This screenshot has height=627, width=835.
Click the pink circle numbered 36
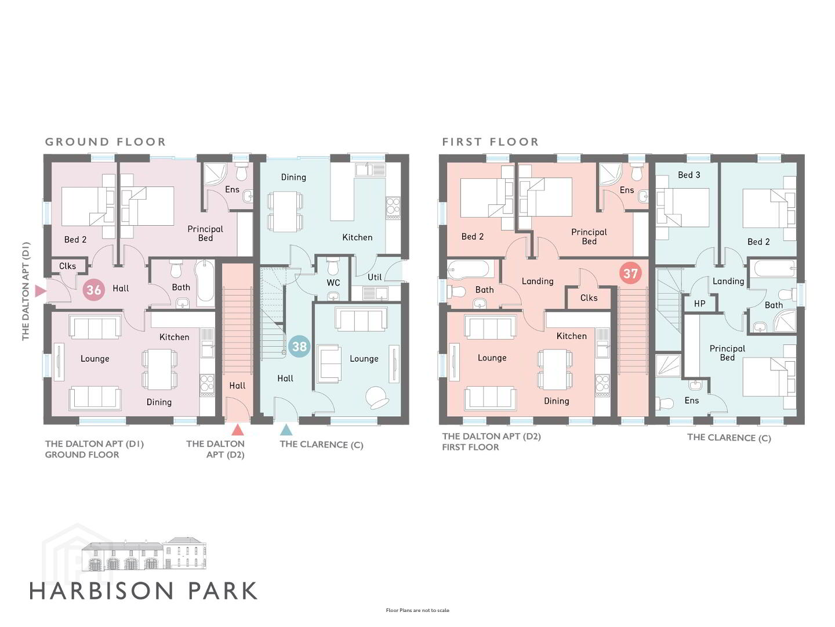93,290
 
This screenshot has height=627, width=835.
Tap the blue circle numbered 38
299,347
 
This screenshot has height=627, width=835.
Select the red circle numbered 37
630,273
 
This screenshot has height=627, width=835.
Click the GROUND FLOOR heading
106,142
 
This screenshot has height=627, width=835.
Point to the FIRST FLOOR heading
491,142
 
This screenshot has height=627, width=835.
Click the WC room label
333,283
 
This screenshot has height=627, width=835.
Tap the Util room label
375,277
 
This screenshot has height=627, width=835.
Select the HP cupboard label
699,304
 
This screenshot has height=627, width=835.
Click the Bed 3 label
689,175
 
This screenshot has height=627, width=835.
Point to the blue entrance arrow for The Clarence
286,430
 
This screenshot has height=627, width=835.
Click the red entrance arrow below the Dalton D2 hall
237,430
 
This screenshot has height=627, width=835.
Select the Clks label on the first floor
589,298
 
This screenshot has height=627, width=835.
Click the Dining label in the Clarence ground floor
293,177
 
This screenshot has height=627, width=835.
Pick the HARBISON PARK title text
143,591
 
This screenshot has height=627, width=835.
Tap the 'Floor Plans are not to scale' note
418,610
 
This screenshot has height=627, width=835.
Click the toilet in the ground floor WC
333,266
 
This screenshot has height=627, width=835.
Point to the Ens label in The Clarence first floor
691,400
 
